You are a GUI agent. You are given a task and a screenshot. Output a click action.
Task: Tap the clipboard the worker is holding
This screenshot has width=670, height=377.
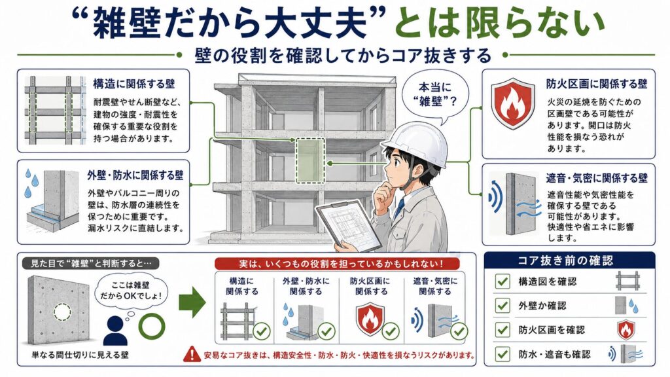(348, 226)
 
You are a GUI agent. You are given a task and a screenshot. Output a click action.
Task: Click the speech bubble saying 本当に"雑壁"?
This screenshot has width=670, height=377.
(436, 95)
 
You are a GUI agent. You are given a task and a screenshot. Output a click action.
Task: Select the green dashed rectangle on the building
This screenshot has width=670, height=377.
(310, 160)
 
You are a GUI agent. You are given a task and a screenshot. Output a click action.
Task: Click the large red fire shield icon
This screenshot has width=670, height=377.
(512, 104)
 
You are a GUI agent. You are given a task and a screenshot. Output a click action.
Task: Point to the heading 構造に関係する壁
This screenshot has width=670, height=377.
(134, 84)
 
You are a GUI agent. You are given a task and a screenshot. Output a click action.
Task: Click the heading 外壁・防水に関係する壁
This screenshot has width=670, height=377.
(135, 175)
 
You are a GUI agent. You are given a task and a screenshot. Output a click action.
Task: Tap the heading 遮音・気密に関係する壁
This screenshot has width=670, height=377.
(597, 178)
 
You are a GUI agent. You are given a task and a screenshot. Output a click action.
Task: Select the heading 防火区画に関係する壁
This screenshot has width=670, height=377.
(597, 84)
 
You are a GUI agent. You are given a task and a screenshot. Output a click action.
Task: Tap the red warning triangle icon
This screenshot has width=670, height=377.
(192, 354)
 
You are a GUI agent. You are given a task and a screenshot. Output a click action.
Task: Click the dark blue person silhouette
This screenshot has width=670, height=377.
(115, 331)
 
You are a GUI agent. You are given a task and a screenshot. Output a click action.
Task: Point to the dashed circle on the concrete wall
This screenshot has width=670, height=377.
(62, 312)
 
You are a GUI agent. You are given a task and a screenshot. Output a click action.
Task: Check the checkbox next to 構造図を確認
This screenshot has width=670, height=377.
(502, 281)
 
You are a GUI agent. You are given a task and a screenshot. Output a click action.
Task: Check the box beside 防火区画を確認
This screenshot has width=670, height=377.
(502, 330)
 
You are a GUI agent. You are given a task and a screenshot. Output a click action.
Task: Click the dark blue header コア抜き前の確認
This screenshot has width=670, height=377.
(569, 260)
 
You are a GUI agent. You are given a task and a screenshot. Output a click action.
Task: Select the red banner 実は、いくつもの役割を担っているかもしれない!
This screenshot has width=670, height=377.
(337, 264)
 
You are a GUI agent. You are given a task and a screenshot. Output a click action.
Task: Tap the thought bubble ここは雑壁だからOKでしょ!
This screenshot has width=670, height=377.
(130, 293)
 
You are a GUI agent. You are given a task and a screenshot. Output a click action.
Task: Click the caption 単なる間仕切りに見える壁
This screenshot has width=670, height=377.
(80, 355)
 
